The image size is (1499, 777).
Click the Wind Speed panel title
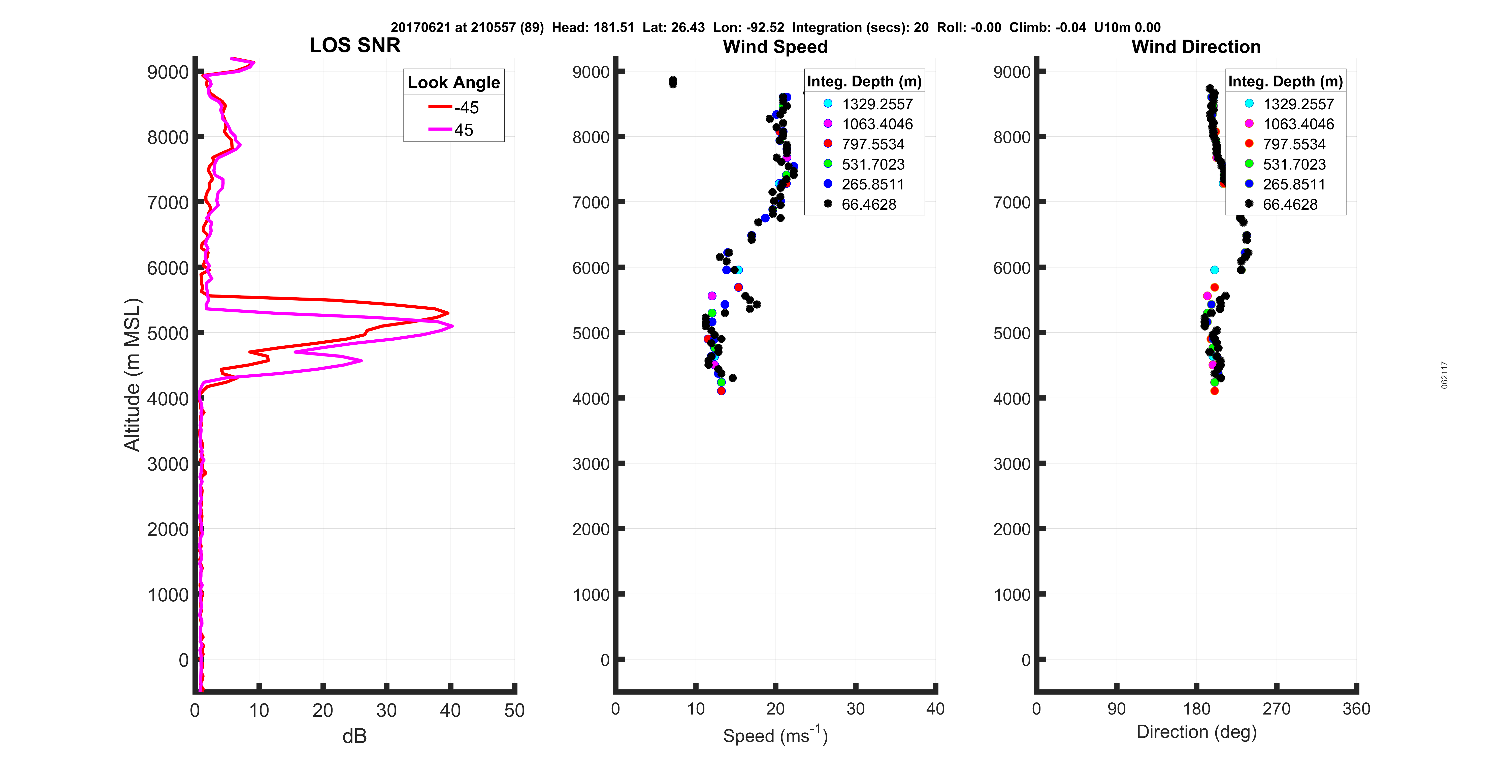click(775, 47)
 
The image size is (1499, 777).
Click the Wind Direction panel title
click(1196, 47)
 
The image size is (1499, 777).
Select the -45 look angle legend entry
click(454, 108)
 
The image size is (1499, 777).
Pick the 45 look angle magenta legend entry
click(454, 130)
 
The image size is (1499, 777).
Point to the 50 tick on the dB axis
click(514, 710)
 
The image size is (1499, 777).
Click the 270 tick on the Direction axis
click(1276, 709)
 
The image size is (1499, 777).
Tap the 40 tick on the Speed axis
click(935, 709)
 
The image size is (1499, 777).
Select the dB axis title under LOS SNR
click(354, 736)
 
